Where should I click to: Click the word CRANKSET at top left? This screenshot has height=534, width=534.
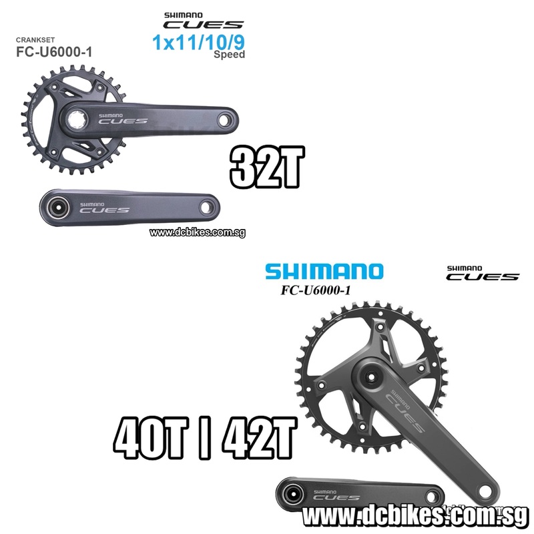click(35, 40)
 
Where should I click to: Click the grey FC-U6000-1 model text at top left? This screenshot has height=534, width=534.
click(54, 52)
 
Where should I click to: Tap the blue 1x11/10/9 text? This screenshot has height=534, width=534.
click(198, 43)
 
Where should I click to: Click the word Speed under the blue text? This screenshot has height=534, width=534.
click(229, 55)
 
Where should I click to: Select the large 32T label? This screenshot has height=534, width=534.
click(266, 168)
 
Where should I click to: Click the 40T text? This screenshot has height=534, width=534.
click(151, 439)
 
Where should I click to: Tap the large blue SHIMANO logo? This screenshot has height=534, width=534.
click(324, 272)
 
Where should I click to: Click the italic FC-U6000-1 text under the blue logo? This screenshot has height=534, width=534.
click(315, 290)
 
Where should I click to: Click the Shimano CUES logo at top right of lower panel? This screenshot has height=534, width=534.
click(483, 273)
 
